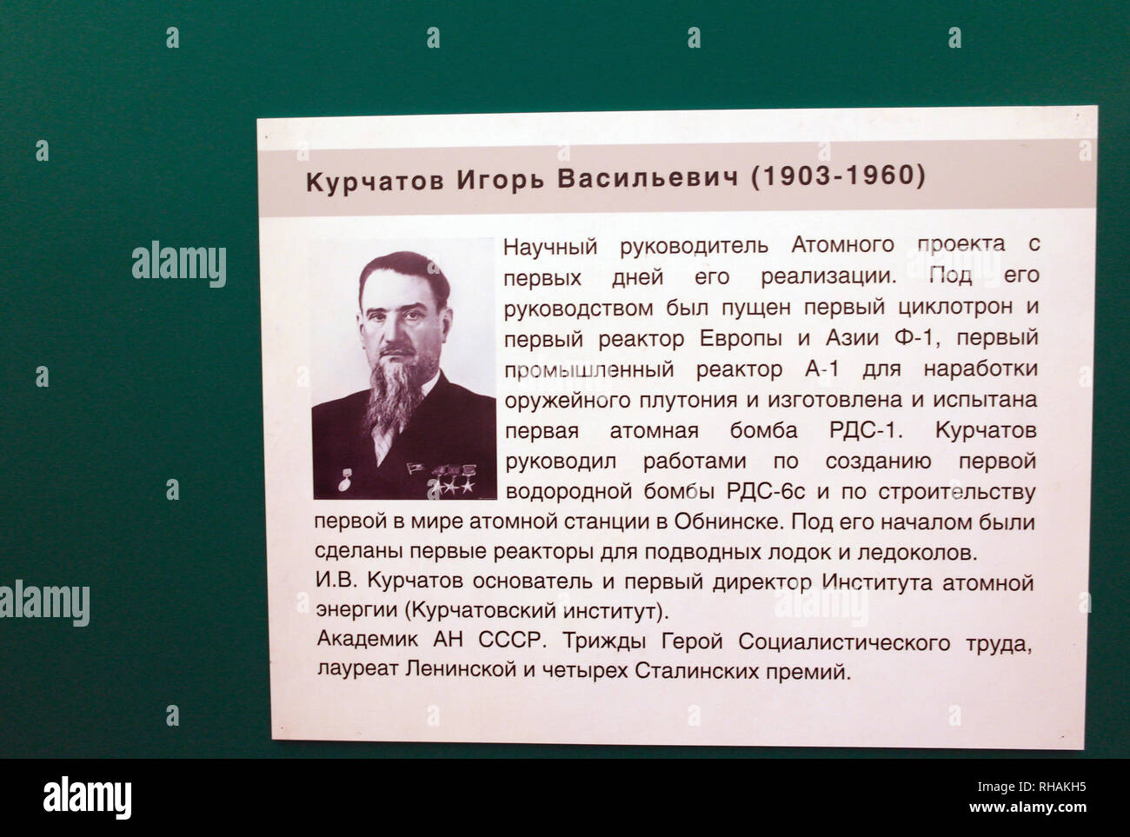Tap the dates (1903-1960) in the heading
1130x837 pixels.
coord(837,176)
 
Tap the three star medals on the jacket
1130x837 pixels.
coord(451,482)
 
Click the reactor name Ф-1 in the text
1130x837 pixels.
coord(909,338)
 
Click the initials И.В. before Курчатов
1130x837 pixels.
coord(336,581)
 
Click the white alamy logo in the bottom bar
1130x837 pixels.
coord(87,795)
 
